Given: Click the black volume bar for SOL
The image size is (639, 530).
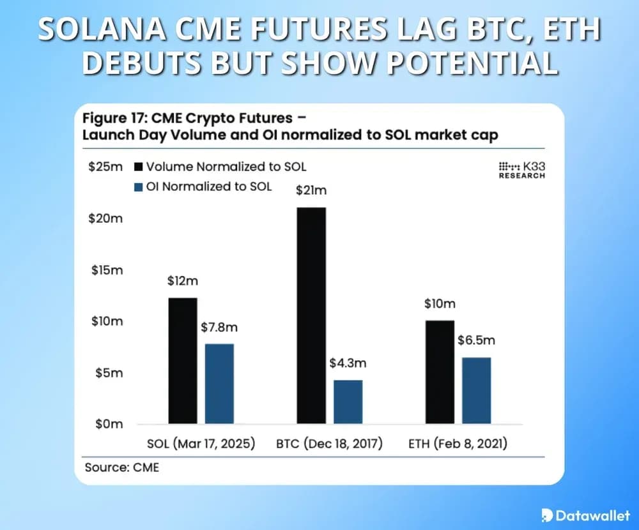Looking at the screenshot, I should pos(183,360).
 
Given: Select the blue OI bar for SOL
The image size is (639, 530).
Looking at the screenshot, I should pos(219,383).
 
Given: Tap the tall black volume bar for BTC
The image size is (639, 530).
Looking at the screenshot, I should pos(311,315).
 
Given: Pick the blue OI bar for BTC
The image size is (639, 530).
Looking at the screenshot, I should pos(348,402).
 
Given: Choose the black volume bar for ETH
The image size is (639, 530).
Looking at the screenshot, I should pos(440,372).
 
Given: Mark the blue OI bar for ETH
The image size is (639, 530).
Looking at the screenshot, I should pos(476,390).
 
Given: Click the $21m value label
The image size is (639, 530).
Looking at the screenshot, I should pos(311,190).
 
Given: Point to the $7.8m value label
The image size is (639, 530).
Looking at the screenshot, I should pos(219,328).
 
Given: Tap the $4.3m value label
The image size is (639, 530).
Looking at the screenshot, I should pos(348,363).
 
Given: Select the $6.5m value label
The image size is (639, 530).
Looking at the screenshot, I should pos(476,340).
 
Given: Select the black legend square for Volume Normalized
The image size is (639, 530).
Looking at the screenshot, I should pos(138,167).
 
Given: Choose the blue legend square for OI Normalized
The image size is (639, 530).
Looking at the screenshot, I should pos(138,187).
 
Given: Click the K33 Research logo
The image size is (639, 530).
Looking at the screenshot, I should pos(522,170).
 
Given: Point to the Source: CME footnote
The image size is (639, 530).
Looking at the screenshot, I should pos(121,467).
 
